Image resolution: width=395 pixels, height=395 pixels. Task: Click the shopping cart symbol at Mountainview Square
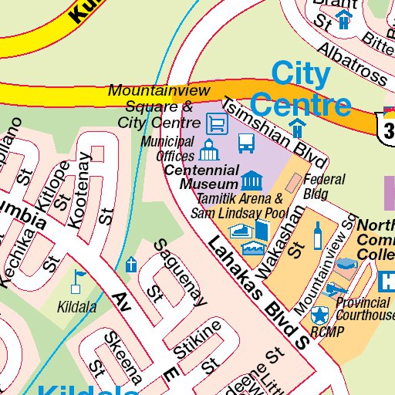[218, 123]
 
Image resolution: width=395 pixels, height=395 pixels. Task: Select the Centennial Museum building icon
[251, 181]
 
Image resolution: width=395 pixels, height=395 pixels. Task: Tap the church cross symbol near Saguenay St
[131, 265]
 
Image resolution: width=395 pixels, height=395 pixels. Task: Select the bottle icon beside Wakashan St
[317, 235]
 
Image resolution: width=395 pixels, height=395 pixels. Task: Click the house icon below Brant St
[343, 19]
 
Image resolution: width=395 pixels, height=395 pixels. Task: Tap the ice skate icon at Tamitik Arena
[240, 231]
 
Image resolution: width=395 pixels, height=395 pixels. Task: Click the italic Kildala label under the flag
[77, 307]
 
